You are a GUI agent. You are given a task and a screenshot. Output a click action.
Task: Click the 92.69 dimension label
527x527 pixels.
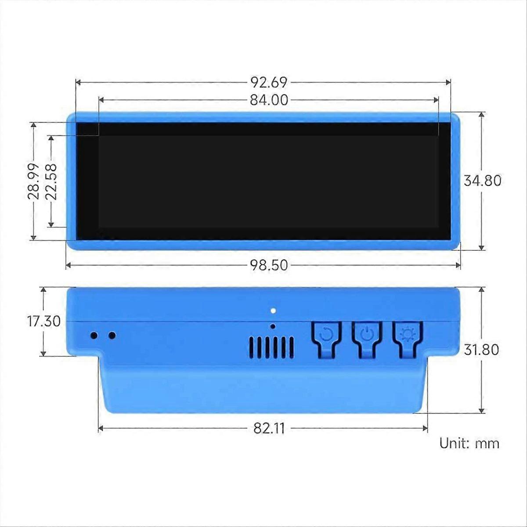pyautogui.click(x=269, y=82)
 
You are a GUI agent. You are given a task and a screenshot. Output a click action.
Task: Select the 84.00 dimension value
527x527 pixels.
pyautogui.click(x=269, y=100)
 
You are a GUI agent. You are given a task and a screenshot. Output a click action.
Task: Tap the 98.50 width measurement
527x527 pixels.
pyautogui.click(x=269, y=265)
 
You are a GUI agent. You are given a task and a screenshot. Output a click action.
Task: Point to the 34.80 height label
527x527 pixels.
pyautogui.click(x=482, y=181)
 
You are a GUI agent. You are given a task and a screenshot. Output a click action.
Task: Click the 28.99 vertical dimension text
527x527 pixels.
pyautogui.click(x=33, y=181)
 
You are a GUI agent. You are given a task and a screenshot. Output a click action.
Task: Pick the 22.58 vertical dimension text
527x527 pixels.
pyautogui.click(x=51, y=181)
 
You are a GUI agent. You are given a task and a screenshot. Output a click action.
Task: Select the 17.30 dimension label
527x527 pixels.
pyautogui.click(x=44, y=321)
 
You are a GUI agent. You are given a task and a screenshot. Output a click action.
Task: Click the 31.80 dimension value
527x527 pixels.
pyautogui.click(x=481, y=350)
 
